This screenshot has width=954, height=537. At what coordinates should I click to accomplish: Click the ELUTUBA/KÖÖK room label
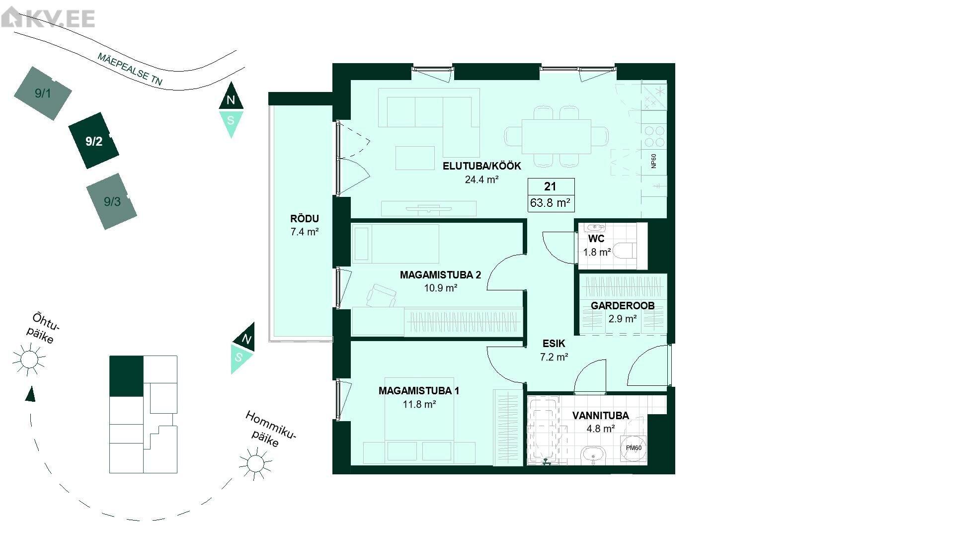[x=481, y=166]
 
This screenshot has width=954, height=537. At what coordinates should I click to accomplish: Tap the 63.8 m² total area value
[x=550, y=203]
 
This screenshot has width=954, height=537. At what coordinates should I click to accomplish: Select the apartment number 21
[x=550, y=186]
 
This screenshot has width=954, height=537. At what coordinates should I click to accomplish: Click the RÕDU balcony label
[x=305, y=219]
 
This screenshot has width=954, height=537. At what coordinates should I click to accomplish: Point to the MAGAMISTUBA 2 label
[x=440, y=275]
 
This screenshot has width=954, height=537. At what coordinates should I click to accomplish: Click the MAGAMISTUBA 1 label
[x=419, y=391]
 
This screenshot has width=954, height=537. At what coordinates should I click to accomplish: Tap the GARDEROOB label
[x=623, y=306]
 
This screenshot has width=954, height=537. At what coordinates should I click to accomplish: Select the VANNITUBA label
[x=600, y=416]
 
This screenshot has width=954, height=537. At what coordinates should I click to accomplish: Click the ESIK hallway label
[x=554, y=344]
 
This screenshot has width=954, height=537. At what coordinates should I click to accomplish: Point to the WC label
[x=596, y=239]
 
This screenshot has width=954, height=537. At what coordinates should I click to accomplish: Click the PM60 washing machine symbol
[x=634, y=448]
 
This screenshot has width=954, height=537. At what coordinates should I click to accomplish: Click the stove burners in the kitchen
[x=654, y=137]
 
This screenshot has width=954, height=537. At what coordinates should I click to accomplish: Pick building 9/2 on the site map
[x=93, y=141]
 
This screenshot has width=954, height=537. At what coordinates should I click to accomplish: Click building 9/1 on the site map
[x=43, y=93]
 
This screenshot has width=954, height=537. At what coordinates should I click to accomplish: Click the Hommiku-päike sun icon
[x=255, y=463]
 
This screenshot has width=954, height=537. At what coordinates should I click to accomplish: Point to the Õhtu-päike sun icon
[x=29, y=358]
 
